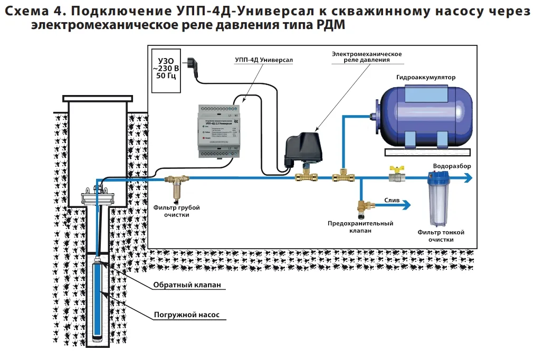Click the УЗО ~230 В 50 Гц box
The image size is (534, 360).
point(165,66)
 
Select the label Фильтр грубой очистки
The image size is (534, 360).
point(177,211)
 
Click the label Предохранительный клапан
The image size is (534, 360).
point(360,227)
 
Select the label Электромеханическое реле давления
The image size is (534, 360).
point(367,57)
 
